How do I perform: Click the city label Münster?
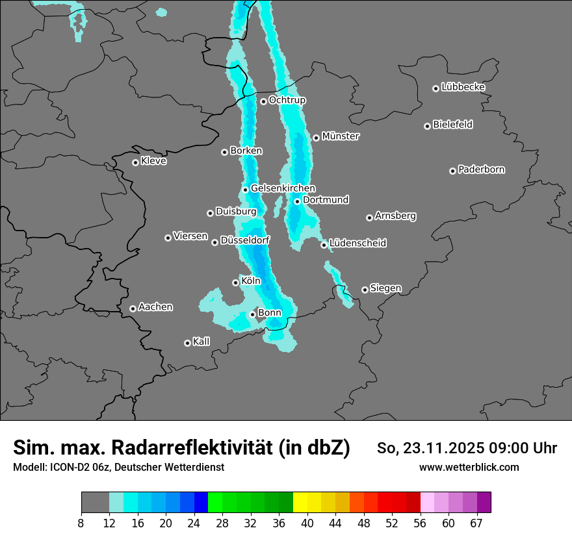340,136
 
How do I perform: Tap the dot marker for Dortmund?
297,201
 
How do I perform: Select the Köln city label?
250,281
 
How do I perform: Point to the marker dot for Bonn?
253,314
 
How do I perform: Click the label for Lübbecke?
463,87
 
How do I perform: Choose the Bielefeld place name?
452,125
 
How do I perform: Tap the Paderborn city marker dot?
452,171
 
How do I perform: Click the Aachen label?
155,307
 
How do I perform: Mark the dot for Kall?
187,343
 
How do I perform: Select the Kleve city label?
153,161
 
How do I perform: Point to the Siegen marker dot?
365,290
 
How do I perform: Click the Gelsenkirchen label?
283,188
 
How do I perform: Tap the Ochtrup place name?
287,100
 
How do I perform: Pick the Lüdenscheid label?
357,244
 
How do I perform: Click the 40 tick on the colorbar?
307,523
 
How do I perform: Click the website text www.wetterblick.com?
469,467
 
